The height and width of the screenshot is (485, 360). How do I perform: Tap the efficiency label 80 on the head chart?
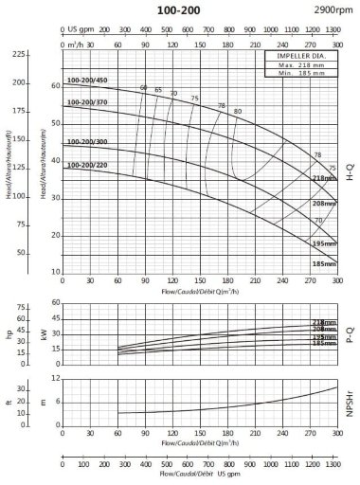pos(237,112)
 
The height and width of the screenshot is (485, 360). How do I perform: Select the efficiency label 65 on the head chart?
pos(158,90)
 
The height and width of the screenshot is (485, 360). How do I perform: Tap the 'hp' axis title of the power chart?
pos(10,334)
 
